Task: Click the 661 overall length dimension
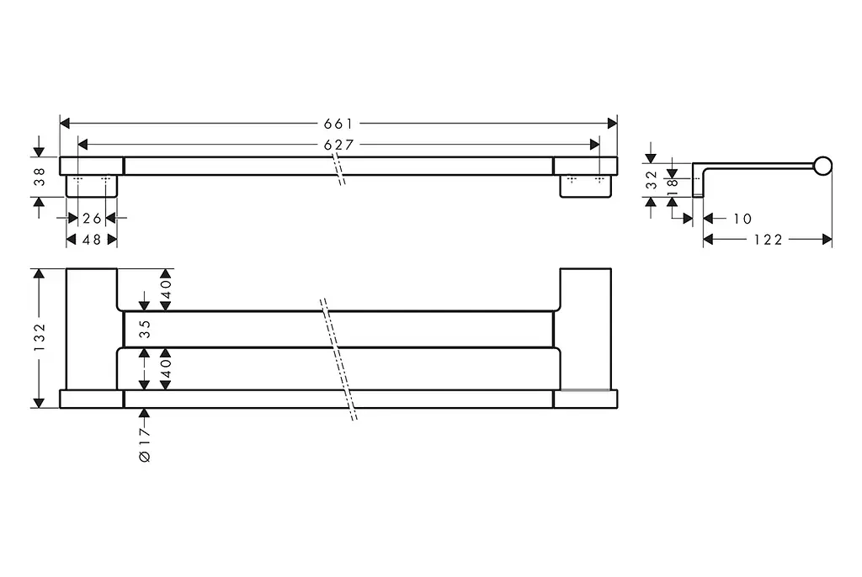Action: pyautogui.click(x=338, y=124)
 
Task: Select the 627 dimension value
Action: pyautogui.click(x=338, y=145)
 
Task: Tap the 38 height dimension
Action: pyautogui.click(x=40, y=177)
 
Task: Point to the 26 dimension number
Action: pyautogui.click(x=93, y=219)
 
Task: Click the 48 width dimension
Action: pyautogui.click(x=92, y=240)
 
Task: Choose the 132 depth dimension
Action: pyautogui.click(x=40, y=336)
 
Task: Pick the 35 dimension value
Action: pyautogui.click(x=145, y=329)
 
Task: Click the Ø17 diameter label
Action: pyautogui.click(x=145, y=445)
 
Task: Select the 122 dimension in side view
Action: pyautogui.click(x=768, y=240)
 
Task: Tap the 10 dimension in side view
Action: pyautogui.click(x=742, y=219)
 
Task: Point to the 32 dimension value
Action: pyautogui.click(x=652, y=180)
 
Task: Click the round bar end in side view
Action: pyautogui.click(x=823, y=166)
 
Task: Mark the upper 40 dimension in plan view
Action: pyautogui.click(x=166, y=288)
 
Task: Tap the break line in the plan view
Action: pyautogui.click(x=338, y=359)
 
